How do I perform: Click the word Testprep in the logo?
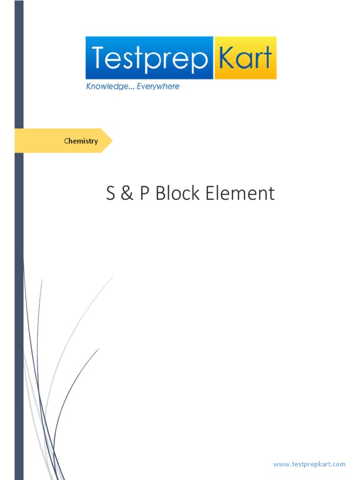click(149, 58)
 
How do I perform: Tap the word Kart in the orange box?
click(245, 58)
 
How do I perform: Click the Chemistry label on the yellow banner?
click(81, 141)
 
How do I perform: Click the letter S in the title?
click(111, 194)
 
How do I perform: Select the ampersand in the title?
click(127, 194)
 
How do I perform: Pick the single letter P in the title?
click(144, 194)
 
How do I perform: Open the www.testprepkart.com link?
click(309, 464)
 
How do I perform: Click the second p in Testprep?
click(200, 61)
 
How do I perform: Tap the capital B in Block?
click(160, 194)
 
